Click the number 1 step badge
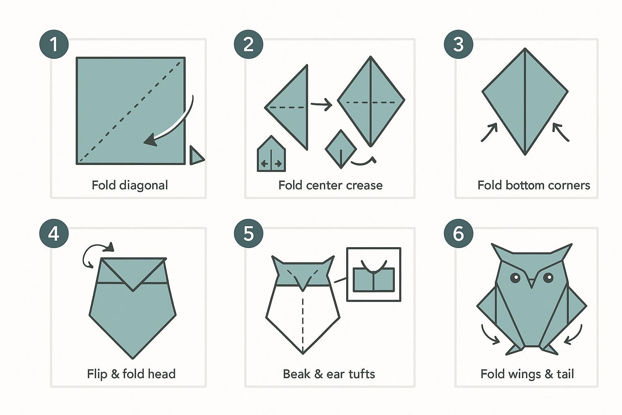pos(54,44)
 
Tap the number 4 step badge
pos(54,234)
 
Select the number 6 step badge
pos(458,234)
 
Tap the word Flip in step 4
pos(96,374)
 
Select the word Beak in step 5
pos(296,374)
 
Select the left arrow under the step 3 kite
pos(489,133)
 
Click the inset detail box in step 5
pos(373,274)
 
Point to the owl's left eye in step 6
pos(515,278)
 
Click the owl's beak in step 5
pos(302,282)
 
